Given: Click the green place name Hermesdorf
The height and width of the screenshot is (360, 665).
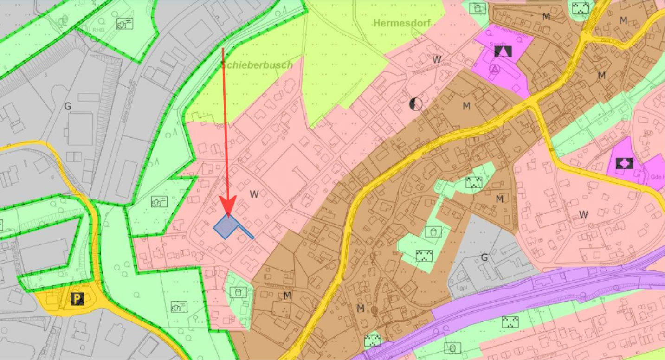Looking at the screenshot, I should point(402,23).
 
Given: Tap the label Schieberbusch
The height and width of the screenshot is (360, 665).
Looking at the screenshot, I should point(257,65).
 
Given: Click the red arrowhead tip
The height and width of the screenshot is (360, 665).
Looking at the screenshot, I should point(228,216).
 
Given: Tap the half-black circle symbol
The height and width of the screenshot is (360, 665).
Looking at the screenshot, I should point(416,105).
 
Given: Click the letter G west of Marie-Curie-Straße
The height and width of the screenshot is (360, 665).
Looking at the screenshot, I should point(68,107).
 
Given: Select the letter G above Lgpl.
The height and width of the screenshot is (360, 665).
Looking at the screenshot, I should point(484,258).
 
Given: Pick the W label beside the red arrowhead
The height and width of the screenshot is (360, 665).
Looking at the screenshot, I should point(254,194).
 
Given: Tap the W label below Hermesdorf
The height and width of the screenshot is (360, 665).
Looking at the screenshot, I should point(436,59).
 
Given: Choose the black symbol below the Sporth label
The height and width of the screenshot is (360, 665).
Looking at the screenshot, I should point(502,51).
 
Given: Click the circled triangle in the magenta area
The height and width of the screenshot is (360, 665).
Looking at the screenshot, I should point(495,70).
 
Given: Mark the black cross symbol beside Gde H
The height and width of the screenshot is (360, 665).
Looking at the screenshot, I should point(624,163).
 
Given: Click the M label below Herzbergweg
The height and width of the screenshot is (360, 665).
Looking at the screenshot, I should point(287,295).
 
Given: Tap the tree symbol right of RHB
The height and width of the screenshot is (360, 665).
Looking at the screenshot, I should point(124,24).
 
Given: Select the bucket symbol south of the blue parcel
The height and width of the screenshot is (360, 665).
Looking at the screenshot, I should point(238,292).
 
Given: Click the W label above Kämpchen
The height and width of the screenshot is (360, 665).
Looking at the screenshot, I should point(583,214).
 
